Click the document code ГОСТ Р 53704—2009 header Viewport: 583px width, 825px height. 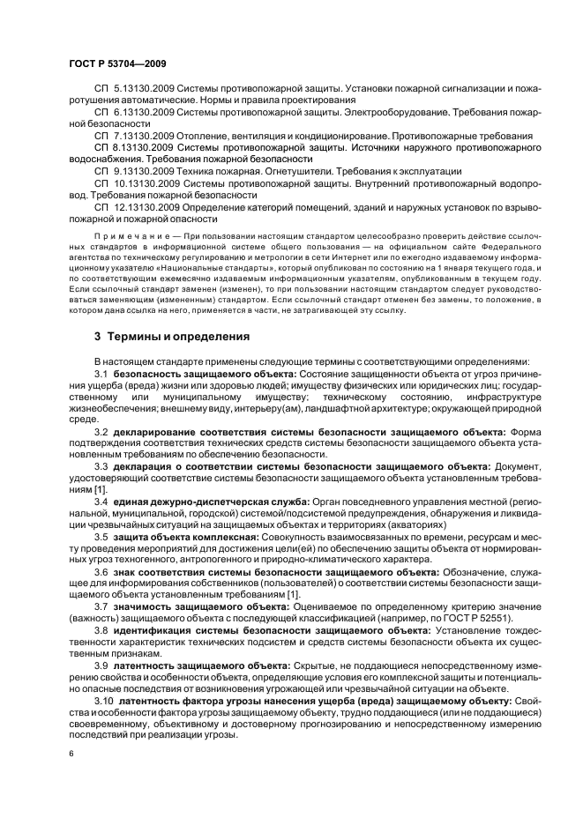pyautogui.click(x=117, y=64)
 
